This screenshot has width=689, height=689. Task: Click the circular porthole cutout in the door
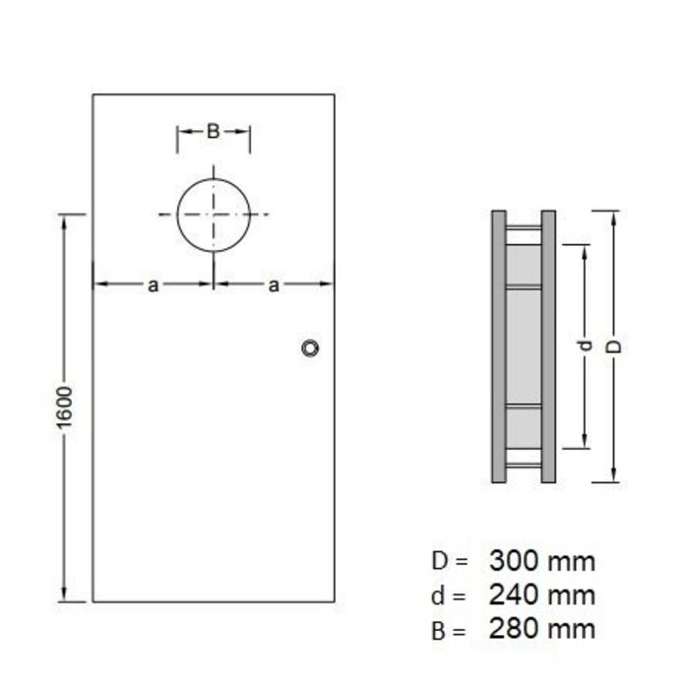pyautogui.click(x=214, y=214)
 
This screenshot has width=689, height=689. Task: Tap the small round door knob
pyautogui.click(x=311, y=347)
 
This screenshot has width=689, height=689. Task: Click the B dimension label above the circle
pyautogui.click(x=213, y=131)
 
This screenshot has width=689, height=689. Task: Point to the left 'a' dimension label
pyautogui.click(x=153, y=285)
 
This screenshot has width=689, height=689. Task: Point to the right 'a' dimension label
pyautogui.click(x=275, y=285)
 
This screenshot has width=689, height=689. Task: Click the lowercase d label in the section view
pyautogui.click(x=586, y=346)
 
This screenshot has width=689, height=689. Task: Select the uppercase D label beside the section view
pyautogui.click(x=614, y=346)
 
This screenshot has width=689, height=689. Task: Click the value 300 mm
pyautogui.click(x=541, y=562)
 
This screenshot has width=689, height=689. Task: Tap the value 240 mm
pyautogui.click(x=541, y=595)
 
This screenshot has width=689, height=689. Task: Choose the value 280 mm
pyautogui.click(x=541, y=627)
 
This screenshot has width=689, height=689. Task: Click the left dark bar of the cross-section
pyautogui.click(x=498, y=346)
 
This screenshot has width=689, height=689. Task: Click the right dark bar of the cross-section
pyautogui.click(x=548, y=346)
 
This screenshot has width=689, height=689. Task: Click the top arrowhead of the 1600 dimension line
pyautogui.click(x=66, y=219)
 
